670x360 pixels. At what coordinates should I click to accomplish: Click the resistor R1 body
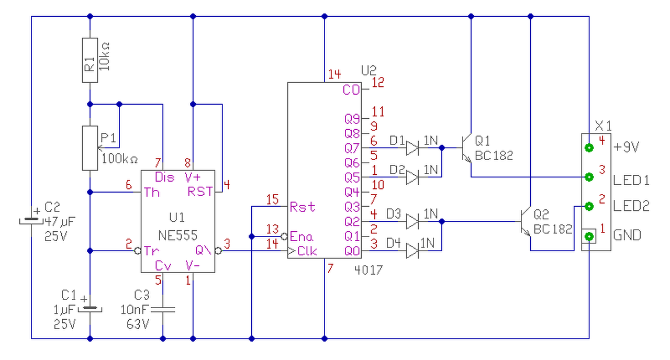coord(90,60)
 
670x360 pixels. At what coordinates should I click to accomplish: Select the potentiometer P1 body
coord(90,148)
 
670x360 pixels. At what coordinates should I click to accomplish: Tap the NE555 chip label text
coord(177,235)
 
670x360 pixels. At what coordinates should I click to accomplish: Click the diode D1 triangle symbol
coord(412,148)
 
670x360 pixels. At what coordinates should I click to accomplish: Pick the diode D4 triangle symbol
coord(412,251)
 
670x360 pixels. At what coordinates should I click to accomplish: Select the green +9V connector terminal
coord(589,148)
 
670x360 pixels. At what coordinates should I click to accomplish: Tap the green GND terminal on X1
coord(589,237)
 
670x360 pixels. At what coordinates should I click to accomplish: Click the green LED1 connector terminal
coord(589,177)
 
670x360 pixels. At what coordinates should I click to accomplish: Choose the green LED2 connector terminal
coord(589,206)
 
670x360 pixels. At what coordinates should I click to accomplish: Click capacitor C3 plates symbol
coord(163,309)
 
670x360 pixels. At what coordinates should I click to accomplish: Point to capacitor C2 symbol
coord(31,221)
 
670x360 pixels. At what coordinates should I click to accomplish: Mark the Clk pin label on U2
coord(307,251)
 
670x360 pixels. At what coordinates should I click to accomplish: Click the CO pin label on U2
coord(351,89)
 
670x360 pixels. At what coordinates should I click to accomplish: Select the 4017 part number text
coord(368,271)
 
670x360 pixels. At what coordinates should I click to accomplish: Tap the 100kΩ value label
coord(120,159)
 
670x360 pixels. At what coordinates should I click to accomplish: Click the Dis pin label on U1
coord(164,177)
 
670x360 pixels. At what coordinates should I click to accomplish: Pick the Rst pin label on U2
coord(303,207)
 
